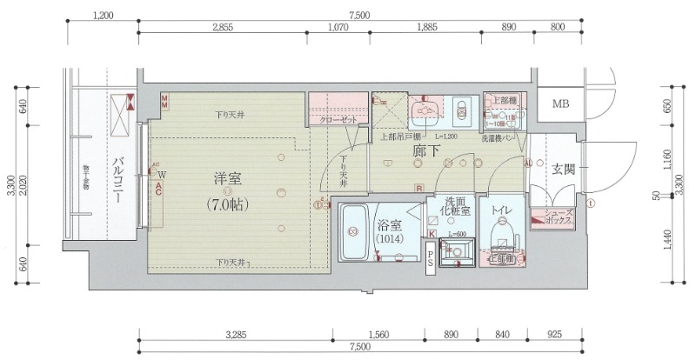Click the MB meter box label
[561, 105]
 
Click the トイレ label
[503, 210]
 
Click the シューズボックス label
[558, 217]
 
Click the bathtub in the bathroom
[353, 232]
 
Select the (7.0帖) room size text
[229, 205]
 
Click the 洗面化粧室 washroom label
[453, 205]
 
